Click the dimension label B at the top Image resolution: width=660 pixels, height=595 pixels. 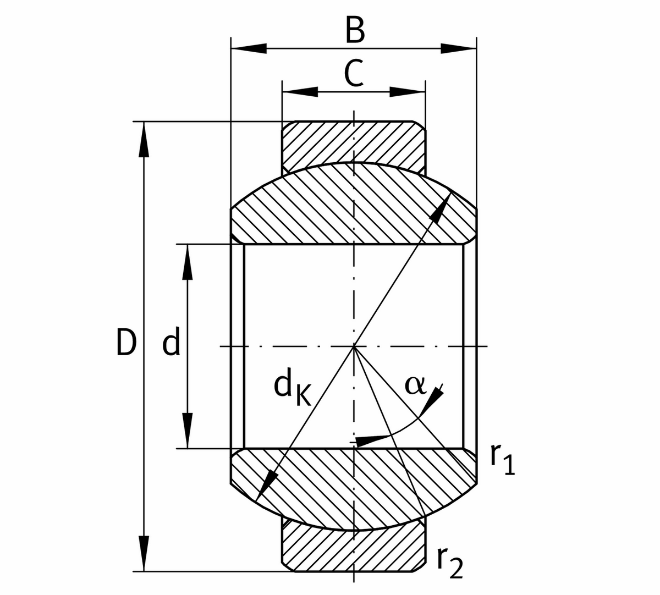(355, 31)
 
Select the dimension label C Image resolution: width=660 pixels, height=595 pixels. (354, 74)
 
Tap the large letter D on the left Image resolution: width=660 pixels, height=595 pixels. (126, 342)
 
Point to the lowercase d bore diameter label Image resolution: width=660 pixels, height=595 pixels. (172, 342)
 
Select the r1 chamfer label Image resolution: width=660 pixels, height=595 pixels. (502, 460)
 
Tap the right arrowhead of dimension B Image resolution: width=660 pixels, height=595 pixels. (459, 48)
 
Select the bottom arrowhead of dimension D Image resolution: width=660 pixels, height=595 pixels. (144, 553)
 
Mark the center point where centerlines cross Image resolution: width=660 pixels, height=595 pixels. (354, 346)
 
